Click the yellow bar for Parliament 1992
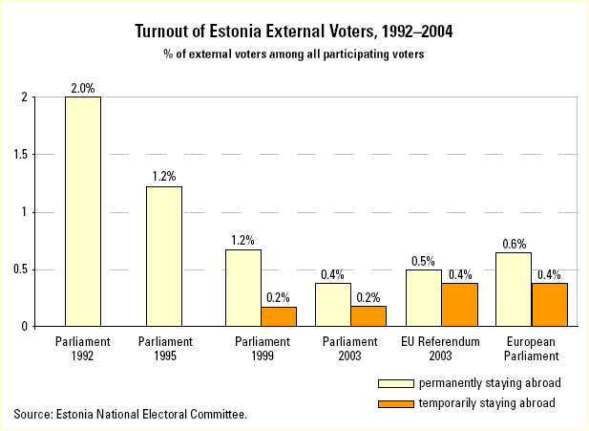click(82, 211)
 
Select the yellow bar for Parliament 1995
click(163, 256)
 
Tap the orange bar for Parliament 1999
click(279, 316)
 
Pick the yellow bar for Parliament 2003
click(333, 305)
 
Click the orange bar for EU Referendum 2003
click(459, 305)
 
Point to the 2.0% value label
click(82, 88)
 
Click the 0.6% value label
click(513, 244)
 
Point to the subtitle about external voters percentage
click(293, 54)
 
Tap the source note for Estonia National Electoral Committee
click(131, 414)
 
